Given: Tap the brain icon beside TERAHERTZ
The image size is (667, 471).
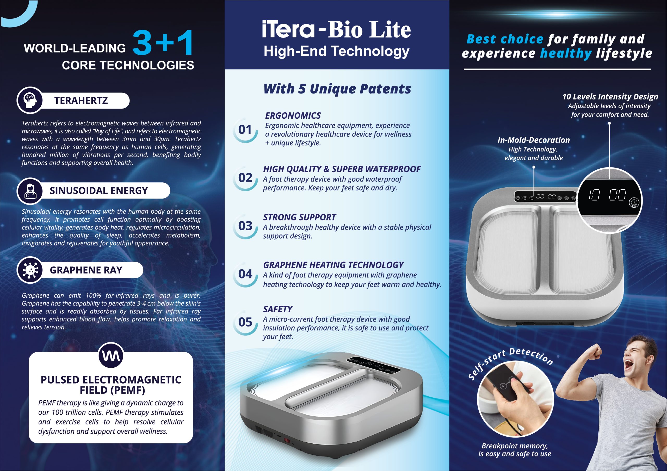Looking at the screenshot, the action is coord(30,100).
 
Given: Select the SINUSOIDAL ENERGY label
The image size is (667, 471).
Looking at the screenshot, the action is coord(98,191).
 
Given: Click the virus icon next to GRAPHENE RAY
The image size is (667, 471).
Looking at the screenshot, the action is coord(30,270).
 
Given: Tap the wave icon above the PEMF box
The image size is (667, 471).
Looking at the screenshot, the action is coord(111,355).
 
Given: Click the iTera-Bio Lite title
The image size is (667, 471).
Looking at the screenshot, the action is coord(336,29).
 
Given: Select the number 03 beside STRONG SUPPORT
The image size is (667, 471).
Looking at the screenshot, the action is coord(245,226).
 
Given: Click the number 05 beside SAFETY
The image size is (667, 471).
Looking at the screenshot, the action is coord(245,322).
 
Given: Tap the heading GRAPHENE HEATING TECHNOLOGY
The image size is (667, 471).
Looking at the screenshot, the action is coord(333,265).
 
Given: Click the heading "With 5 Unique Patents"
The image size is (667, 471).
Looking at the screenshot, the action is coord(337,89).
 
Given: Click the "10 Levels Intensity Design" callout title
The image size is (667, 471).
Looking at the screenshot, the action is coord(610,97).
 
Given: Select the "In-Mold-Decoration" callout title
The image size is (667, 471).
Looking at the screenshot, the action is coord(534,140).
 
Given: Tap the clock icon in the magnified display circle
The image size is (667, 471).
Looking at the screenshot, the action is coord(634,202).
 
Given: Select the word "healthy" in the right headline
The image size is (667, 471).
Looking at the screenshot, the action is coord(566,53).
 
